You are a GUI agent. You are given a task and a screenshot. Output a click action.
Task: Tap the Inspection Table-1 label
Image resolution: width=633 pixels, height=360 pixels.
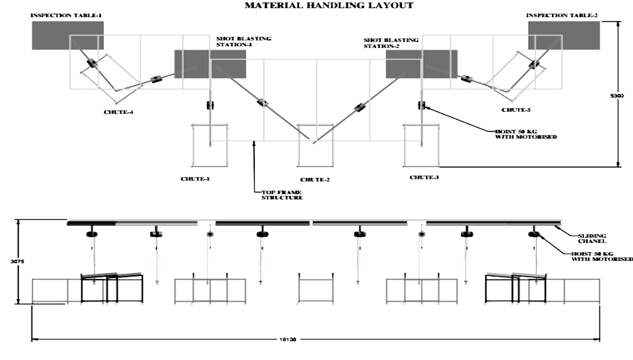[66, 16]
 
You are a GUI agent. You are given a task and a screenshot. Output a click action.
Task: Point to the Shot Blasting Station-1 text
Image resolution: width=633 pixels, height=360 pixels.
[244, 41]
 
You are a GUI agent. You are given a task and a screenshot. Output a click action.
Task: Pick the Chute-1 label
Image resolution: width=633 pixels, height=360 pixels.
[194, 177]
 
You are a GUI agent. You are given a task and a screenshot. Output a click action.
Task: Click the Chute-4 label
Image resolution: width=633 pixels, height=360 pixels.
[119, 113]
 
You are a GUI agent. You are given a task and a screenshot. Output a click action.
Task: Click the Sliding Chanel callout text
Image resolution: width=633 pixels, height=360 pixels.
[592, 239]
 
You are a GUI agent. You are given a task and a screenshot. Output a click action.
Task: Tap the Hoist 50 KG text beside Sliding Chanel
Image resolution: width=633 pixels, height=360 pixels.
[602, 256]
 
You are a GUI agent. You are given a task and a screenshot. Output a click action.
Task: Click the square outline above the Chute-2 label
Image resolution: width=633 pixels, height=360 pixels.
[316, 144]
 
